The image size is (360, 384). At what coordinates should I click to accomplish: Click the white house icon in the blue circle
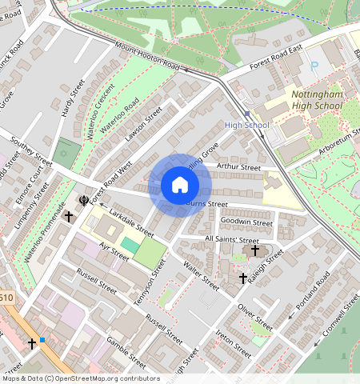(180, 186)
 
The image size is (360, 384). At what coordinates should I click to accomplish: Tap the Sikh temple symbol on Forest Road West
(82, 200)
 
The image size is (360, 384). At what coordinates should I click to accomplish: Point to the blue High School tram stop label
(246, 125)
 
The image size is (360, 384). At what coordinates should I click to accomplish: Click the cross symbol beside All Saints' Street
(255, 250)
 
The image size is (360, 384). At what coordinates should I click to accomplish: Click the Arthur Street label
(239, 167)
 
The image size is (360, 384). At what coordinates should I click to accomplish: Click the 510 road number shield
(6, 298)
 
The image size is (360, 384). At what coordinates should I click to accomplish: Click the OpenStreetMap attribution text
(80, 378)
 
